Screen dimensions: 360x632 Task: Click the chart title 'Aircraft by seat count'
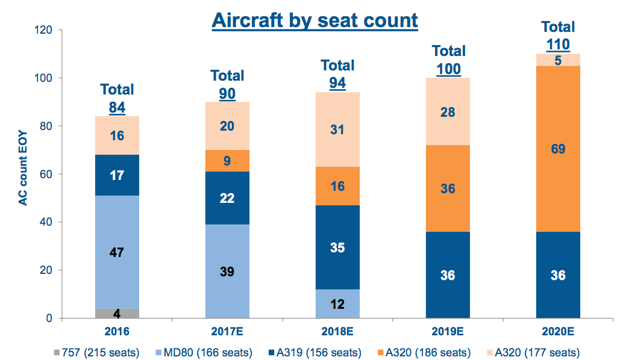[314, 20]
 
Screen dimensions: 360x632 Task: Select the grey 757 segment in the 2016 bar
[117, 314]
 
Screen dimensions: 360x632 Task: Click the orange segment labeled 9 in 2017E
[227, 161]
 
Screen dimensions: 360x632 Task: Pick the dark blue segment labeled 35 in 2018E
[337, 247]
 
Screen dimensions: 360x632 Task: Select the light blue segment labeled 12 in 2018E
[337, 304]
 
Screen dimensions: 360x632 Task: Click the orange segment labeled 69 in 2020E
[558, 149]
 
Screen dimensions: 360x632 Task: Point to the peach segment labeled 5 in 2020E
[558, 60]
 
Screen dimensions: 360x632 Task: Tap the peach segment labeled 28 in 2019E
[448, 112]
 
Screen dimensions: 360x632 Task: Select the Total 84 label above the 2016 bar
[117, 99]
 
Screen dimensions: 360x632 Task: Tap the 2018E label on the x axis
[337, 331]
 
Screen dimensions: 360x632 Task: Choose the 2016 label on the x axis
[117, 331]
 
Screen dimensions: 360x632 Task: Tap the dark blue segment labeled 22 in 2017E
[227, 197]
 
